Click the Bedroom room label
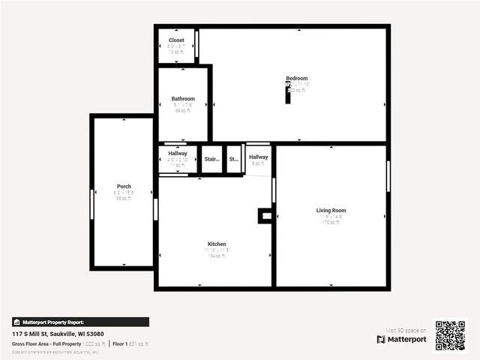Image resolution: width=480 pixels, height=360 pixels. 296,79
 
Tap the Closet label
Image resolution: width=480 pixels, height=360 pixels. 176,40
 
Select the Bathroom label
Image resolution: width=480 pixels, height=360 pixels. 183,99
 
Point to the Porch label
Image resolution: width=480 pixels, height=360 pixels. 124,187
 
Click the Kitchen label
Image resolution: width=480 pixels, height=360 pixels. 217,244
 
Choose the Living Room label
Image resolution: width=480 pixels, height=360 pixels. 331,211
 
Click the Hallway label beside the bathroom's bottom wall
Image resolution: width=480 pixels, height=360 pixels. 178,154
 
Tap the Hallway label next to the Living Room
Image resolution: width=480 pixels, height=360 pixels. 259,157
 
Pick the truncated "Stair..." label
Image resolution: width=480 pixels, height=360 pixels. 211,159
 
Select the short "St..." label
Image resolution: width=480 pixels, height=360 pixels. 233,159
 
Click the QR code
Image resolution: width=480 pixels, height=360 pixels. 450,336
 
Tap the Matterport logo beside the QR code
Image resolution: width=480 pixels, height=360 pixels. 401,339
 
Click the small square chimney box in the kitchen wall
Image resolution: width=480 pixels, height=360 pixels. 265,216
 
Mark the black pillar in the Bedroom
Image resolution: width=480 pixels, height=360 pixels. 287,95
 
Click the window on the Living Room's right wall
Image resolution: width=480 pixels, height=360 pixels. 388,176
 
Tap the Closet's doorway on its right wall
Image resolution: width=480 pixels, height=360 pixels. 196,43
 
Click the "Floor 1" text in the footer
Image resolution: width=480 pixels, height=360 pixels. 118,343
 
